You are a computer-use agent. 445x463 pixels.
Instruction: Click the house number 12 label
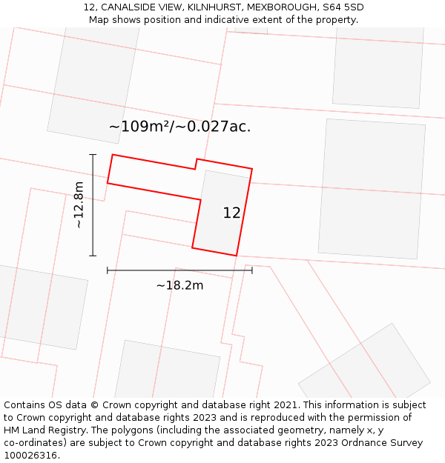click(231, 213)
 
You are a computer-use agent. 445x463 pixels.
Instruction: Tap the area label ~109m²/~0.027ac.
click(179, 127)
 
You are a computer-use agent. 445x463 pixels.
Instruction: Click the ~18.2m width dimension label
click(179, 285)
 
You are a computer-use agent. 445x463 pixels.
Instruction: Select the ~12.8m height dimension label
click(79, 205)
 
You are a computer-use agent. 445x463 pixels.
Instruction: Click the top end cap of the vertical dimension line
click(93, 155)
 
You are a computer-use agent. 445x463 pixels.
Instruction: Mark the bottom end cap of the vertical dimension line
click(93, 256)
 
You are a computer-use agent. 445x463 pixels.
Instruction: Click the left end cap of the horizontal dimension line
click(108, 270)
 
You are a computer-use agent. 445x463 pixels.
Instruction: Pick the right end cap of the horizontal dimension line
click(252, 270)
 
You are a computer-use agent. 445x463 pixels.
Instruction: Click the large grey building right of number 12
click(372, 189)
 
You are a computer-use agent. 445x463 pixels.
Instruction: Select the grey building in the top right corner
click(378, 67)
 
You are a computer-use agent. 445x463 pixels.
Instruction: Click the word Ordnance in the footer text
click(378, 443)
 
